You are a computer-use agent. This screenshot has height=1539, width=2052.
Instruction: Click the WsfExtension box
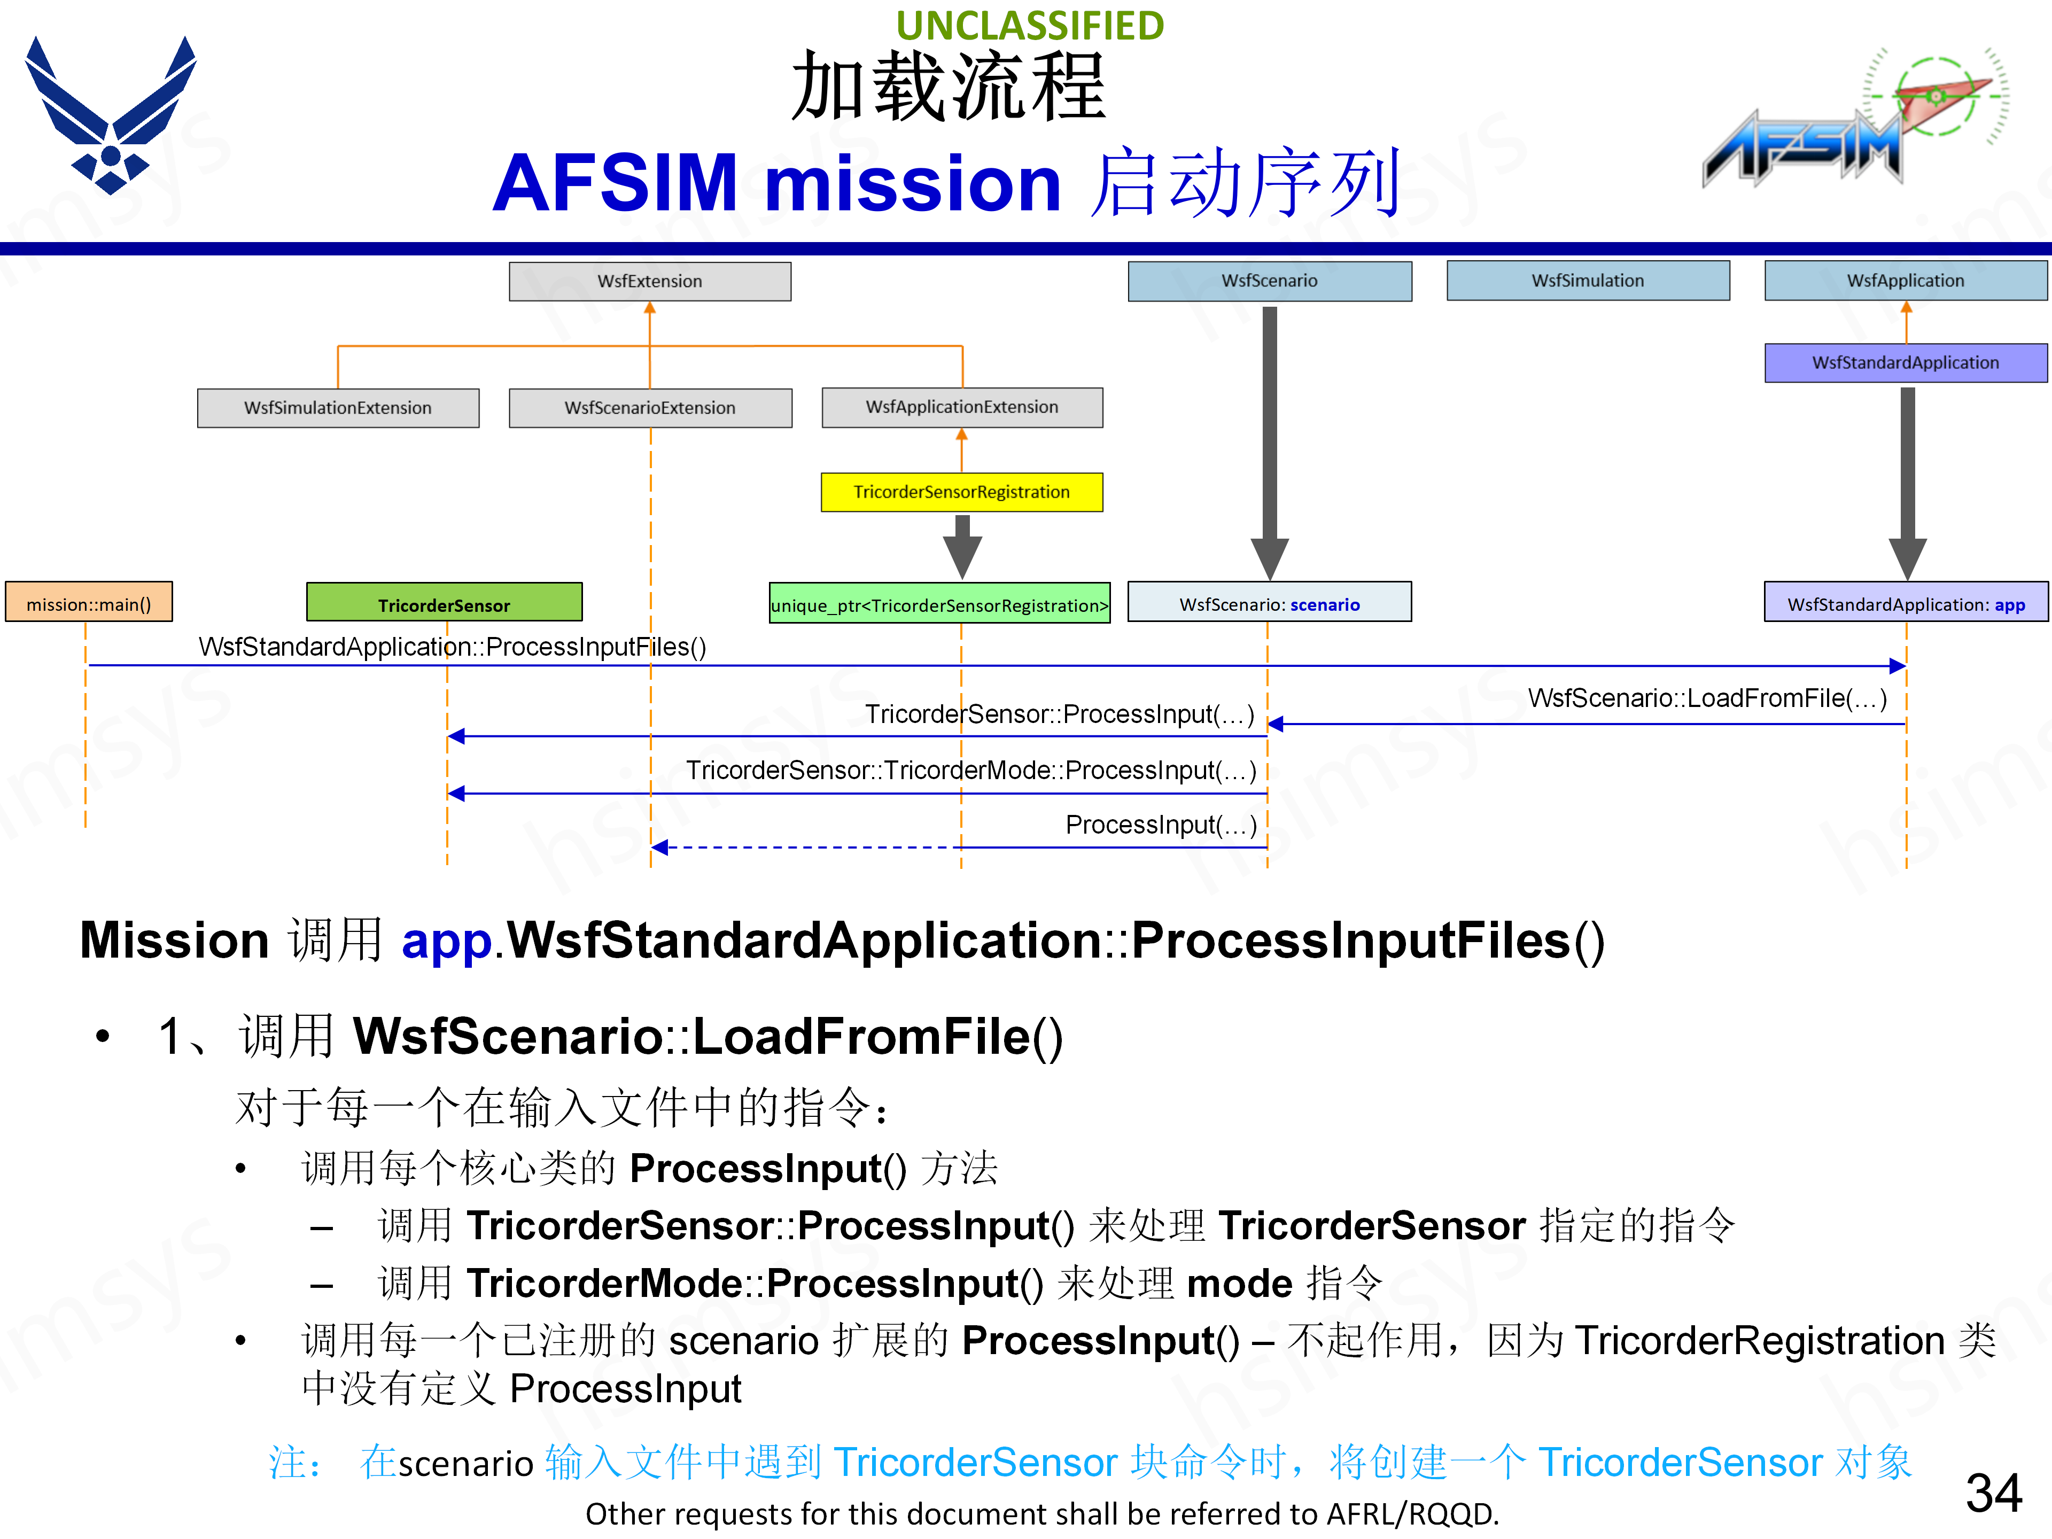click(x=649, y=281)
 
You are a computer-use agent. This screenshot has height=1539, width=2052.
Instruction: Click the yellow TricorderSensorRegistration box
click(x=961, y=492)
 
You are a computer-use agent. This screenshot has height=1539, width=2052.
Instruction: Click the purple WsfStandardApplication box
click(x=1906, y=363)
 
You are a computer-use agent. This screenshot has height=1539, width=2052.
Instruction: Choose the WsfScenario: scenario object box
click(x=1269, y=604)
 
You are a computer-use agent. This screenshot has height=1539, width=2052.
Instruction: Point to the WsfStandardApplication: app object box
click(x=1906, y=604)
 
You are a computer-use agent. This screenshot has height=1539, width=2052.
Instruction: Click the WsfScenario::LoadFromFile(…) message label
click(x=1707, y=697)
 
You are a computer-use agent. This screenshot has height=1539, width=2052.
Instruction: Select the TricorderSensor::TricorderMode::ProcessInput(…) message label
click(x=970, y=770)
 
